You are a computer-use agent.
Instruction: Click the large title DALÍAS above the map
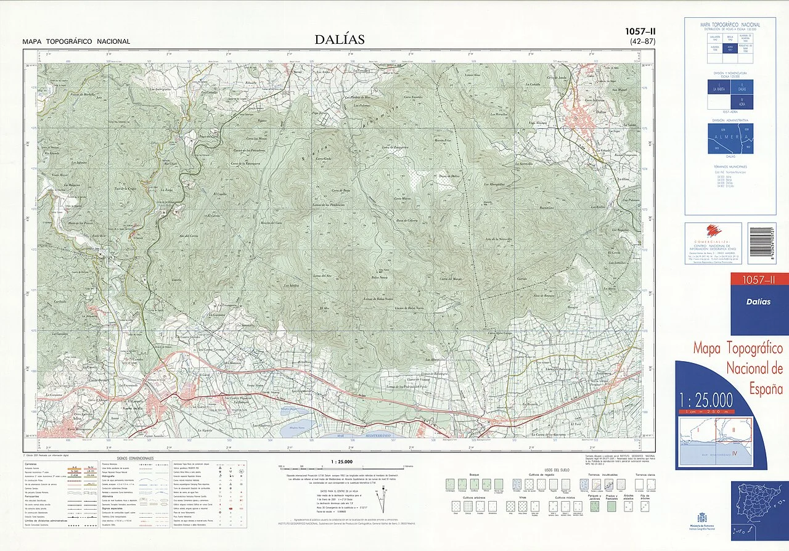click(339, 39)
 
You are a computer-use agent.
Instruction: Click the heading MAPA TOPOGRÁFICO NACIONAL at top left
click(76, 41)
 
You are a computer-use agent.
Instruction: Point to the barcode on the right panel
click(761, 243)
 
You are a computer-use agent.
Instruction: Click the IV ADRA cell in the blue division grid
click(745, 102)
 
